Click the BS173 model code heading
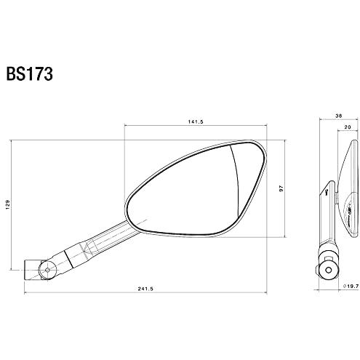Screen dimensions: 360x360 [x=29, y=73]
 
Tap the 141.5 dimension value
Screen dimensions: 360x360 [x=195, y=121]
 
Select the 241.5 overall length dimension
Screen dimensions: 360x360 [x=145, y=289]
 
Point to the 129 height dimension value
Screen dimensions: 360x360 [x=7, y=204]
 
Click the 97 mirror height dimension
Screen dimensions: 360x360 [x=281, y=188]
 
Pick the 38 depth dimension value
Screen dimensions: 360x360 [x=338, y=116]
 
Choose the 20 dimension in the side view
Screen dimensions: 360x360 [x=348, y=127]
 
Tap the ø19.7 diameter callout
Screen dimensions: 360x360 [x=351, y=286]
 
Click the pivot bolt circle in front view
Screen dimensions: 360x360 [x=47, y=270]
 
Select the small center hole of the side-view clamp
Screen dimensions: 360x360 [x=329, y=270]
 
